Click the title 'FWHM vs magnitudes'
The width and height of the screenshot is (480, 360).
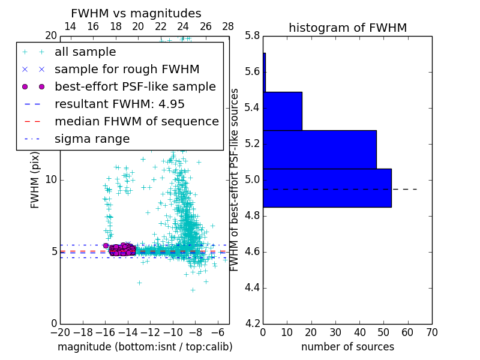pos(136,14)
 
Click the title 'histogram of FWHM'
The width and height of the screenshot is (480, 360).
pos(347,28)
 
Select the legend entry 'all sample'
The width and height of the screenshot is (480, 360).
pos(85,52)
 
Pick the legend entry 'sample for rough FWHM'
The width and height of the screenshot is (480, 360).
pos(127,70)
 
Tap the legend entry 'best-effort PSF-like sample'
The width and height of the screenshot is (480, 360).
pos(135,87)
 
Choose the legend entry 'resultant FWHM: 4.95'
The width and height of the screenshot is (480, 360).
pos(119,104)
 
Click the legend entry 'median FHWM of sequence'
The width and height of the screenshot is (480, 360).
pos(136,122)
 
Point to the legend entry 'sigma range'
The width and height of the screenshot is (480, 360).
pos(92,139)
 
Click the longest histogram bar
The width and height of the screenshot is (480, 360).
pos(327,188)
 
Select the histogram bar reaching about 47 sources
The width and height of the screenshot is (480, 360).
pos(319,149)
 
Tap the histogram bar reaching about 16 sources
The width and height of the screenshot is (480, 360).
pos(282,111)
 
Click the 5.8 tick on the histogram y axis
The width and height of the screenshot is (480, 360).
pos(252,36)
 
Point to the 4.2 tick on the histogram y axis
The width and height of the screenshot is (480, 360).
pos(252,323)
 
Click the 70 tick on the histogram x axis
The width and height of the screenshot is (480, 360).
pos(431,332)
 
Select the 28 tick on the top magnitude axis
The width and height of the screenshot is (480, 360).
pos(228,27)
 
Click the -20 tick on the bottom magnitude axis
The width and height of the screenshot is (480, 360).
pos(60,332)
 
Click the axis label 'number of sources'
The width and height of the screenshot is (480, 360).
pos(347,347)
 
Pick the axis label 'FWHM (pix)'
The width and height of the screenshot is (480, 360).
pos(35,179)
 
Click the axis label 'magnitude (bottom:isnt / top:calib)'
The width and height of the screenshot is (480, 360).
pos(145,347)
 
